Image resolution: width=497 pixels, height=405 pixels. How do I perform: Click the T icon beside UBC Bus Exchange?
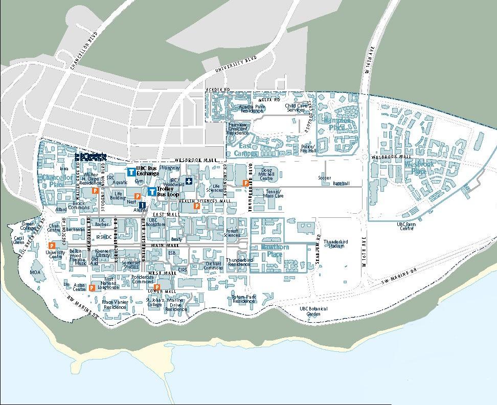tap(131, 172)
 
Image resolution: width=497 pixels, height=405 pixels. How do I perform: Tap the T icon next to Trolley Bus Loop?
tap(152, 191)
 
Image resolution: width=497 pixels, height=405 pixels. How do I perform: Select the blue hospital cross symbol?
tap(189, 181)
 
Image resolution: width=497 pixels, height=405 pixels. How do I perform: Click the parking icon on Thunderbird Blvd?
tap(246, 183)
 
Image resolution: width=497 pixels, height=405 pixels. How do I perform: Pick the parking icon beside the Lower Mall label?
tap(157, 287)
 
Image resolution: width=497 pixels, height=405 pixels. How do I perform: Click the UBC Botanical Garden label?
tap(313, 311)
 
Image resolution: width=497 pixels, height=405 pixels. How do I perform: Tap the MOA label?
tap(35, 273)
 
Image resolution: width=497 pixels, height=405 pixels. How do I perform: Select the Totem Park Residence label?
tap(243, 299)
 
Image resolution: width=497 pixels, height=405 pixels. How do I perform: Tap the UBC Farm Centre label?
tap(408, 226)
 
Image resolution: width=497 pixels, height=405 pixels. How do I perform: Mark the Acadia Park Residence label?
tap(252, 108)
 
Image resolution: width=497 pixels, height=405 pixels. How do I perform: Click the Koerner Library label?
tap(103, 253)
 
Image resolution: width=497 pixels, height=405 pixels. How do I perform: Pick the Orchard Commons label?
tap(213, 266)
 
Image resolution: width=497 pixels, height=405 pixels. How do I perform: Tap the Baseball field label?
tap(341, 184)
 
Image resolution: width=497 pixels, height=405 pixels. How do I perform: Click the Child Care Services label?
tap(296, 108)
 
